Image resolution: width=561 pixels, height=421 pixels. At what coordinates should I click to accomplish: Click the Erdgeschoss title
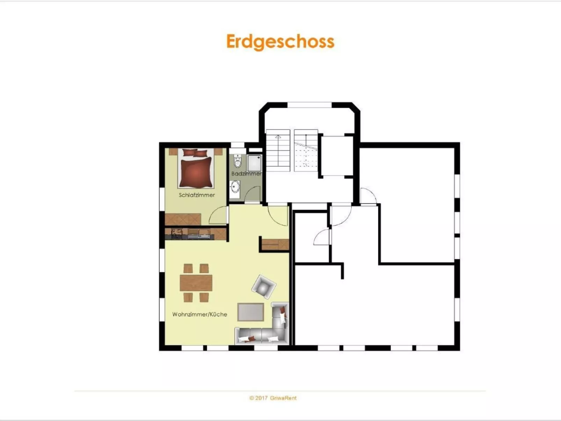[x=280, y=42]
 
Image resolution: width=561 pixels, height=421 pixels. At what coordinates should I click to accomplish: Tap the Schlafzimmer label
[x=197, y=195]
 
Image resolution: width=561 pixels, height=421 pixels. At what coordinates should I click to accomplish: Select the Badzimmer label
[x=246, y=174]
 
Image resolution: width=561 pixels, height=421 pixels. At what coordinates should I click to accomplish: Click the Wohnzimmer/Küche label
[x=199, y=314]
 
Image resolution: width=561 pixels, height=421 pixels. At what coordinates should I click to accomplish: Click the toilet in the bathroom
[x=238, y=162]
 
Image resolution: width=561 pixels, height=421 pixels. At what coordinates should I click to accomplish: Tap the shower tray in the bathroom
[x=255, y=163]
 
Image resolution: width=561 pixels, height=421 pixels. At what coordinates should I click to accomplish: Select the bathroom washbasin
[x=235, y=188]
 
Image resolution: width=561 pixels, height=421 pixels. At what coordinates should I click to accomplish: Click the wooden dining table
[x=196, y=283]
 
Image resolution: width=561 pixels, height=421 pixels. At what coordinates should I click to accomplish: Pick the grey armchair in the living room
[x=264, y=287]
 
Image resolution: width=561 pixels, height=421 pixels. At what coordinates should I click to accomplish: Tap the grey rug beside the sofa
[x=250, y=312]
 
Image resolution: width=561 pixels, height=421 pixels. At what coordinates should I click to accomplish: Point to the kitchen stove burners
[x=177, y=233]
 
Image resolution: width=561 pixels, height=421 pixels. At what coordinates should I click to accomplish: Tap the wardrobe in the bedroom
[x=183, y=219]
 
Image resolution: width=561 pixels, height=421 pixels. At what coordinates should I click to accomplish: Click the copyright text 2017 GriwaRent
[x=273, y=398]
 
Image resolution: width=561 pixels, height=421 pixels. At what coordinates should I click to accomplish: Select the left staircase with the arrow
[x=278, y=150]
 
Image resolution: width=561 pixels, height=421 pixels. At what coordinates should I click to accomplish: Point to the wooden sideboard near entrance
[x=275, y=244]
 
